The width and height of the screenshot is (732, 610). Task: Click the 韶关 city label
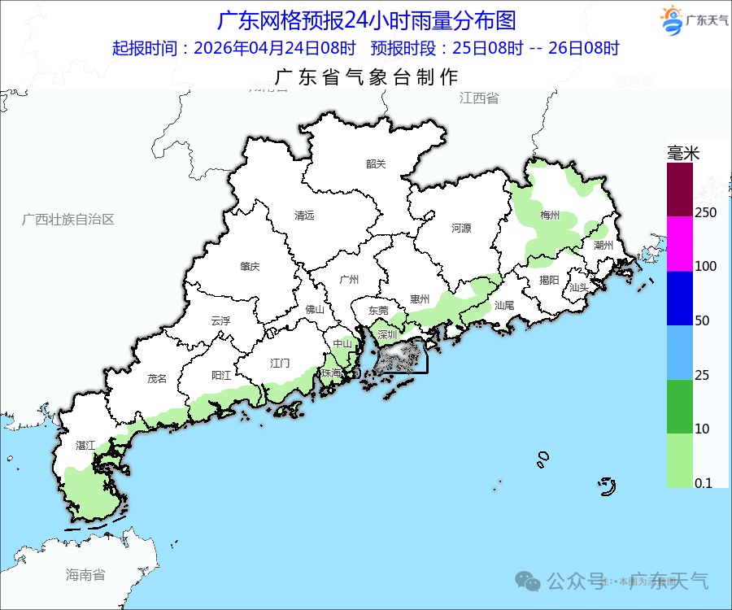coord(376,163)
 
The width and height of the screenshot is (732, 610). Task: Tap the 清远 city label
coord(304,216)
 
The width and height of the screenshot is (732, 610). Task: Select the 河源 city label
coord(461,229)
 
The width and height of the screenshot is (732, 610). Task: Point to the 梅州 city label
coord(550,216)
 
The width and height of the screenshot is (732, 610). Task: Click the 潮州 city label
coord(603,245)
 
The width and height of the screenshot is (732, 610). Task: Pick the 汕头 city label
coord(579,287)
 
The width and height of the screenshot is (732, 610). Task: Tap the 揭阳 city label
coord(549,280)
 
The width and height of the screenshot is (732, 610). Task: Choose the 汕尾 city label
coord(504,305)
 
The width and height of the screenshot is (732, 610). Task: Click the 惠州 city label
coord(420,299)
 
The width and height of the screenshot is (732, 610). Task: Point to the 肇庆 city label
coord(249,266)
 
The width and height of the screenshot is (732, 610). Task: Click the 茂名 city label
coord(156,378)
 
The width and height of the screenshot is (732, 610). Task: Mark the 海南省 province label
coord(85,575)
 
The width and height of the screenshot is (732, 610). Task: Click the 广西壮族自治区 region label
coord(68,220)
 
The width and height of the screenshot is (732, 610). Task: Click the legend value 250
coord(705,212)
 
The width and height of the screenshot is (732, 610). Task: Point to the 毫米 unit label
coord(683,153)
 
